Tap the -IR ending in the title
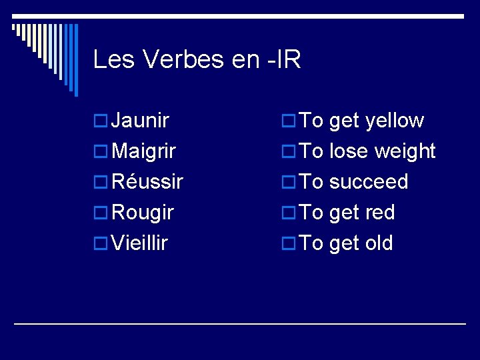coord(283,60)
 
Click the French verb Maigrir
coord(144,151)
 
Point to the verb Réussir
coord(147,182)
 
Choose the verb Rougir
coord(143,213)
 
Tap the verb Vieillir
coord(140,243)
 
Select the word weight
coord(405,151)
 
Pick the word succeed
coord(369,182)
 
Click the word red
coord(380,213)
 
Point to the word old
coord(379,243)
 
